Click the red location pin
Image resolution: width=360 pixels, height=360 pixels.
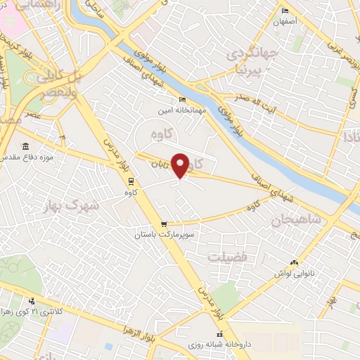pyautogui.click(x=181, y=165)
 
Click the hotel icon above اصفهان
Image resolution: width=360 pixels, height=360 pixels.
pyautogui.click(x=284, y=11)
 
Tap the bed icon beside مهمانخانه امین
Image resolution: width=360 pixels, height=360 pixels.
pyautogui.click(x=182, y=99)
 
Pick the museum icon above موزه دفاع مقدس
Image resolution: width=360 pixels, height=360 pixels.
pyautogui.click(x=25, y=146)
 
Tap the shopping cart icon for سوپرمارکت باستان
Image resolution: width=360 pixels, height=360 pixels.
pyautogui.click(x=164, y=224)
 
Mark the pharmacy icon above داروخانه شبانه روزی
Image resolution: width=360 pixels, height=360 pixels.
pyautogui.click(x=218, y=335)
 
